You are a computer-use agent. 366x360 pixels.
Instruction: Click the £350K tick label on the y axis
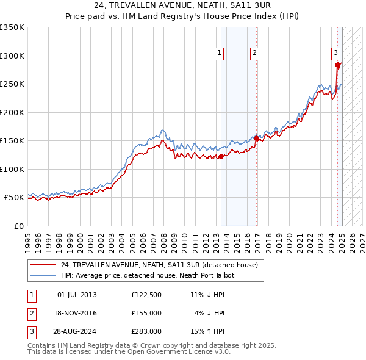pos(12,27)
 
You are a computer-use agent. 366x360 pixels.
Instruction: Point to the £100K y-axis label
pos(12,169)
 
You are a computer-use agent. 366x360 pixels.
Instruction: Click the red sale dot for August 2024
pos(338,65)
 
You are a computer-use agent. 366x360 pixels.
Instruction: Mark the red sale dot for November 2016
pos(256,139)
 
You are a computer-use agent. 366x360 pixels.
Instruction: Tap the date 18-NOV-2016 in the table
pos(77,313)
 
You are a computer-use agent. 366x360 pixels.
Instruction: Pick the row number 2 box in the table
pos(31,313)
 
